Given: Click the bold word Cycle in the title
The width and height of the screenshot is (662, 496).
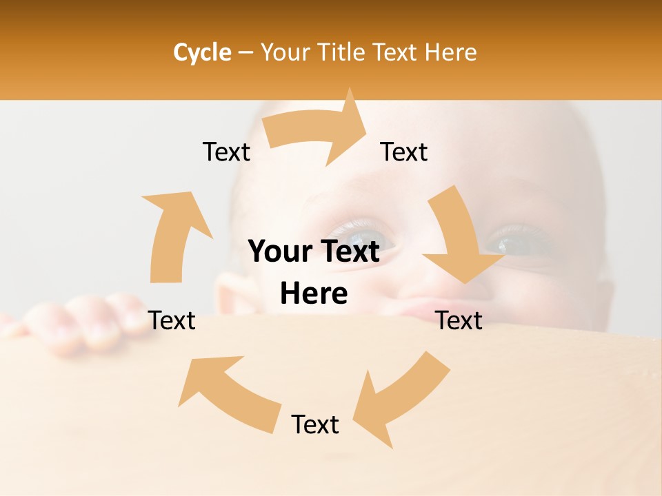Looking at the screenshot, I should click(202, 52).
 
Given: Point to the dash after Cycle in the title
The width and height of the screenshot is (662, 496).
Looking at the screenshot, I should click(245, 52).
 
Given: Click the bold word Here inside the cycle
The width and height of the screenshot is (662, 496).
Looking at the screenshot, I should click(314, 293).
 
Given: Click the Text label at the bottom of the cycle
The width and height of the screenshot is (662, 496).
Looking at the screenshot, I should click(315, 424).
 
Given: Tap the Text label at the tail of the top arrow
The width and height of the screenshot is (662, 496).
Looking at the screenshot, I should click(227, 152).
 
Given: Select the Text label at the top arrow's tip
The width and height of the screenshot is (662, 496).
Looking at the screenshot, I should click(404, 152).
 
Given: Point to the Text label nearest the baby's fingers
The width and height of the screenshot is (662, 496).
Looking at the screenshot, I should click(172, 320).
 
